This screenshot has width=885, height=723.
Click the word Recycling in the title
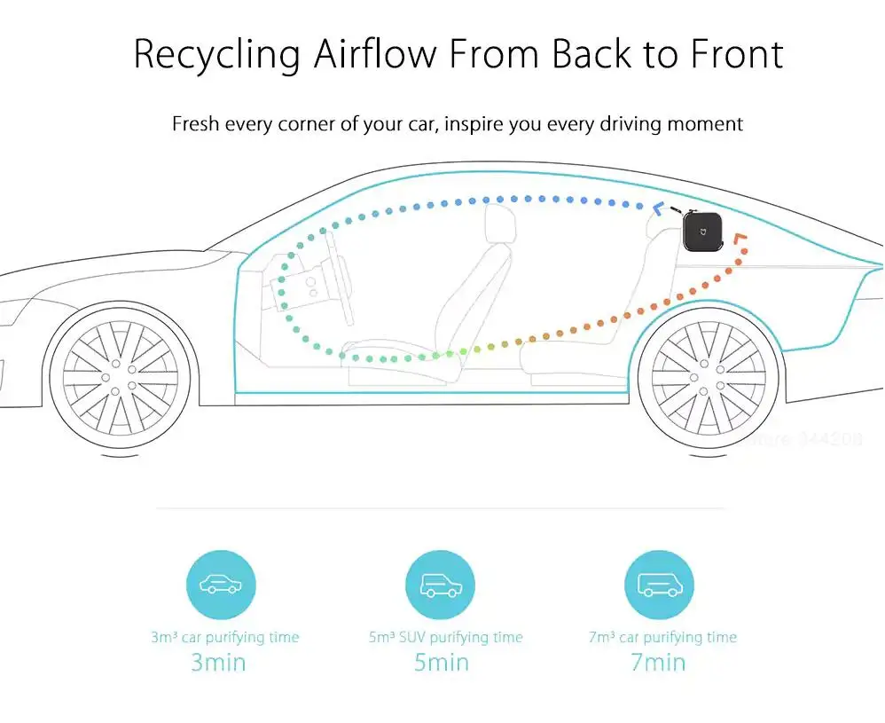click(216, 55)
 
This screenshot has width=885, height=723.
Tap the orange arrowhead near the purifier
click(741, 241)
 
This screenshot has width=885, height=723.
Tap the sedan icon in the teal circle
click(221, 585)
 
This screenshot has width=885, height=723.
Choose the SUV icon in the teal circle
click(441, 585)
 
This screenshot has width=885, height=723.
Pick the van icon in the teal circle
click(660, 585)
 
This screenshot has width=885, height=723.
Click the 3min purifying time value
click(219, 662)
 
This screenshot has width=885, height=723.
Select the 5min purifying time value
click(441, 662)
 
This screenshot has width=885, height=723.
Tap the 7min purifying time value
click(658, 662)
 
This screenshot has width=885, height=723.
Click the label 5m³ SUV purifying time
click(446, 637)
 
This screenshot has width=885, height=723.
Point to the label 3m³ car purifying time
click(224, 637)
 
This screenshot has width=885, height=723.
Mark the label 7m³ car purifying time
click(662, 637)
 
